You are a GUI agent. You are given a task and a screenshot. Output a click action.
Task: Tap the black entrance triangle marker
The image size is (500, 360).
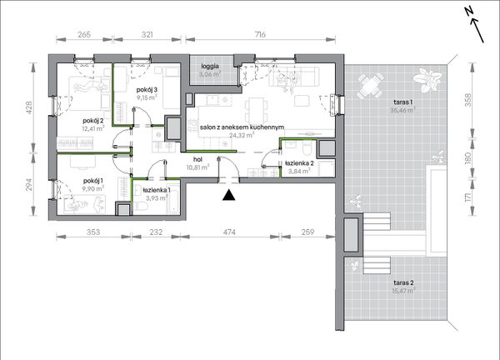pyautogui.click(x=228, y=195)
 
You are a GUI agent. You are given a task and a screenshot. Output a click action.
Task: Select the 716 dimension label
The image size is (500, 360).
pyautogui.click(x=260, y=34)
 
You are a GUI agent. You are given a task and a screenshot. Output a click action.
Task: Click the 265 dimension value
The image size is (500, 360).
pyautogui.click(x=84, y=34)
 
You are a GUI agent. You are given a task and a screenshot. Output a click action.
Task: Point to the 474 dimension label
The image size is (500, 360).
pyautogui.click(x=229, y=232)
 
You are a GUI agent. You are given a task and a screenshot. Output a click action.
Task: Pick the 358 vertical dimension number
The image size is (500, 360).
pyautogui.click(x=467, y=100)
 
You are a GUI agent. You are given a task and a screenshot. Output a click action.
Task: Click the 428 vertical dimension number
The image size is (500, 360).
pyautogui.click(x=28, y=107)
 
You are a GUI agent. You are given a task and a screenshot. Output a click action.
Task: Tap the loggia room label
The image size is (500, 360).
pyautogui.click(x=210, y=67)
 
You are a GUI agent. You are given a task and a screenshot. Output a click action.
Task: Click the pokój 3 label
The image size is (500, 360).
pyautogui.click(x=147, y=90)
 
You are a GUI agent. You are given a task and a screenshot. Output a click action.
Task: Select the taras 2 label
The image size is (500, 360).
pyautogui.click(x=403, y=282)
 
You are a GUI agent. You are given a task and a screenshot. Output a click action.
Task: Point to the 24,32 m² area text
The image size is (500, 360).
pyautogui.click(x=242, y=135)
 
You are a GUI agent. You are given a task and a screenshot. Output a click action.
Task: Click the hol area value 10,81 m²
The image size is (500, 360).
pyautogui.click(x=198, y=167)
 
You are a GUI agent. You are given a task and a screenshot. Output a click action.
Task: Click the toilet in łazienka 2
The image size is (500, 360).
pyautogui.click(x=307, y=147)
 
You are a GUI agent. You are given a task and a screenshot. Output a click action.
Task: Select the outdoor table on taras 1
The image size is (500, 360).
pyautogui.click(x=370, y=86)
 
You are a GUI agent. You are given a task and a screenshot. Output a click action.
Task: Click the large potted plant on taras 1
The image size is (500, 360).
pyautogui.click(x=427, y=80)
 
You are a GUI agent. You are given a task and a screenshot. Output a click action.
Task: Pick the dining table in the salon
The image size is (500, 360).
pyautogui.click(x=255, y=108)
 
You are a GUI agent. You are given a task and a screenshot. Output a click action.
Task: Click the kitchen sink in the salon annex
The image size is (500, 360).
pyautogui.click(x=213, y=101)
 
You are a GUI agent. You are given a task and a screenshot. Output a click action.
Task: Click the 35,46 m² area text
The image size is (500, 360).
pyautogui.click(x=403, y=110)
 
